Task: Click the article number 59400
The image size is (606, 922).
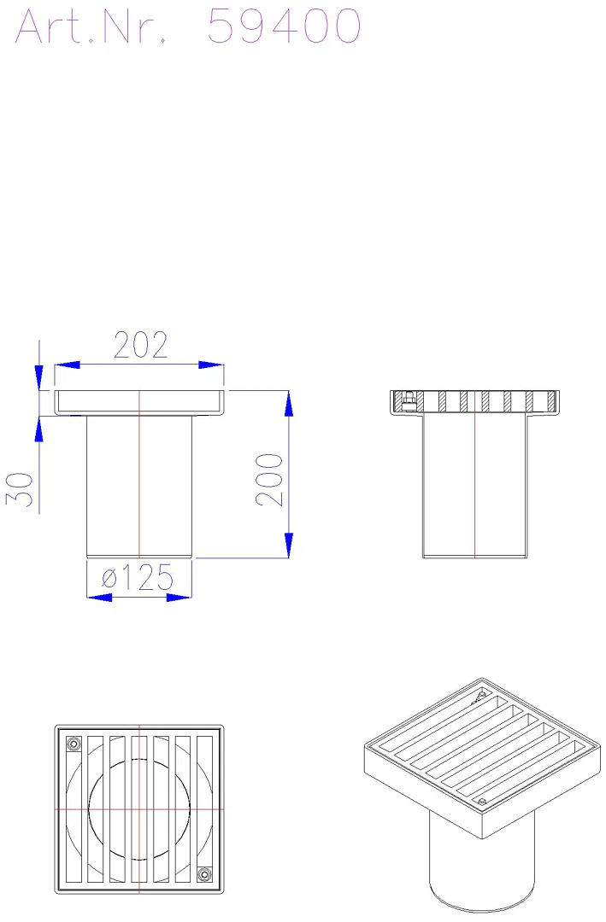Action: (x=285, y=26)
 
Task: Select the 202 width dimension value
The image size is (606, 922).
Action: (x=141, y=345)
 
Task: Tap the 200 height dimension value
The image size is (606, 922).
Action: (x=270, y=479)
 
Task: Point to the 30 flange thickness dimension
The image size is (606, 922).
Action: (x=20, y=488)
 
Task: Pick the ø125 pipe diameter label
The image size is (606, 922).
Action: (x=138, y=577)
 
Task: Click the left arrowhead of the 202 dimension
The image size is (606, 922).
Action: (x=68, y=365)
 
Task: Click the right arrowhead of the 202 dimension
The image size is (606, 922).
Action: (x=211, y=365)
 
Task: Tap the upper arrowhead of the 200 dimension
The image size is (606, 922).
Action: (x=289, y=403)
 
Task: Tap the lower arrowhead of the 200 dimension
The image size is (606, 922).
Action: (x=289, y=545)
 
